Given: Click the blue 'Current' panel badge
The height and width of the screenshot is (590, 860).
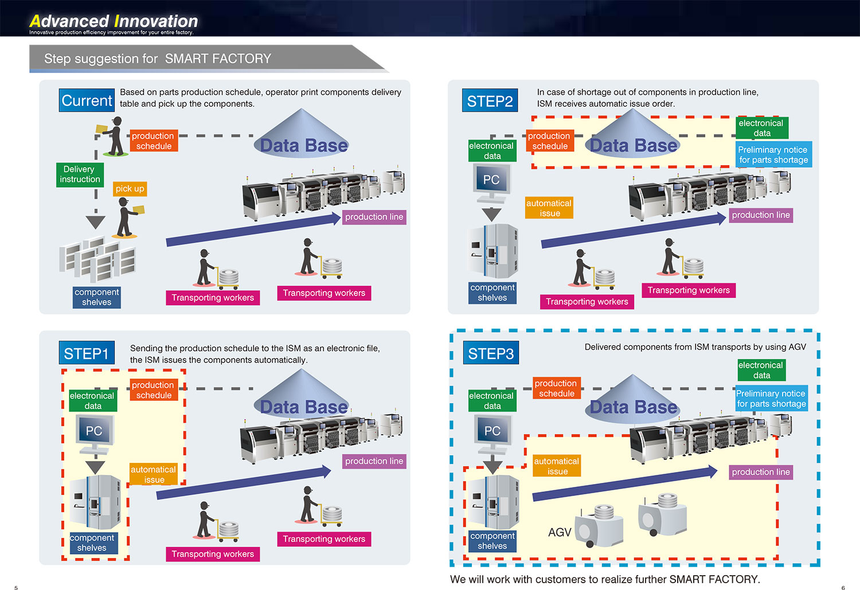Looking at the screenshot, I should point(87,100).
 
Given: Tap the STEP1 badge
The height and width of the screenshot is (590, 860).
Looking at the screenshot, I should point(86,353).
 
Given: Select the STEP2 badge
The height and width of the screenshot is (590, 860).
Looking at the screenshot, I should point(490,101).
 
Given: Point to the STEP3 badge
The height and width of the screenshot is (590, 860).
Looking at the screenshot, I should point(491,353).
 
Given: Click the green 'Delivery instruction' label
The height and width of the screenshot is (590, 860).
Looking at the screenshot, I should point(80,174).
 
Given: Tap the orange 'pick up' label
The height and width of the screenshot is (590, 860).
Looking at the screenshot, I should point(130,188).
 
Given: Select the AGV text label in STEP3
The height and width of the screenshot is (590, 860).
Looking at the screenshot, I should point(560,532).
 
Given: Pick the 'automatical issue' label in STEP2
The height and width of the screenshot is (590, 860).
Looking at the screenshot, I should point(549,208).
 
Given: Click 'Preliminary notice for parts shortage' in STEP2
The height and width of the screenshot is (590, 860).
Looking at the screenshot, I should point(773,155).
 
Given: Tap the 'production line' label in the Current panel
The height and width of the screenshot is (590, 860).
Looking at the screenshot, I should point(374,217).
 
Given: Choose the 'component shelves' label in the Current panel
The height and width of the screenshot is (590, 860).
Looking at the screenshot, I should point(96,297).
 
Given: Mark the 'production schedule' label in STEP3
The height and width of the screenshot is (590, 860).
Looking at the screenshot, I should point(556,388).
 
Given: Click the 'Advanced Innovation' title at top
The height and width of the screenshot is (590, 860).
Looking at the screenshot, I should point(114,21).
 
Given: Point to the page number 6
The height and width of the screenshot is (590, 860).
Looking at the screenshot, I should point(843,587).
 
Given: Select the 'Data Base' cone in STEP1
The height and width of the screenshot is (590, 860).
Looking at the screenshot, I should point(303,395).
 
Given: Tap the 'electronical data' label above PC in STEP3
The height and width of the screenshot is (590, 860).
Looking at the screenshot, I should point(492,400).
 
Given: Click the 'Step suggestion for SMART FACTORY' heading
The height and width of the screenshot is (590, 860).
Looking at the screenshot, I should point(158,58).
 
